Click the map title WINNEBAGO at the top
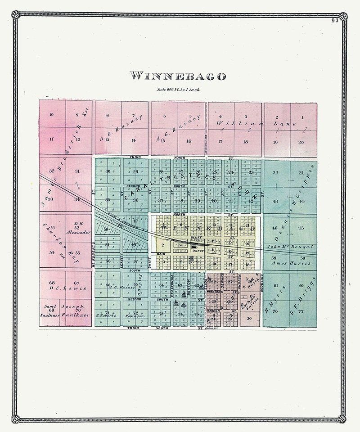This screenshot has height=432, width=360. pos(178,76)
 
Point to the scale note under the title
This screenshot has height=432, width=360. pos(178,90)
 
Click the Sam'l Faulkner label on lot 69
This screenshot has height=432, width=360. pos(51,310)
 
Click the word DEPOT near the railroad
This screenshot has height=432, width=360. pos(198,251)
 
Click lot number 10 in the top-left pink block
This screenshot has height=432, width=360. pos(51,115)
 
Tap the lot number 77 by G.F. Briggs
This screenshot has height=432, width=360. pos(301,311)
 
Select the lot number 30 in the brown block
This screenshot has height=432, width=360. pos(249,318)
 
